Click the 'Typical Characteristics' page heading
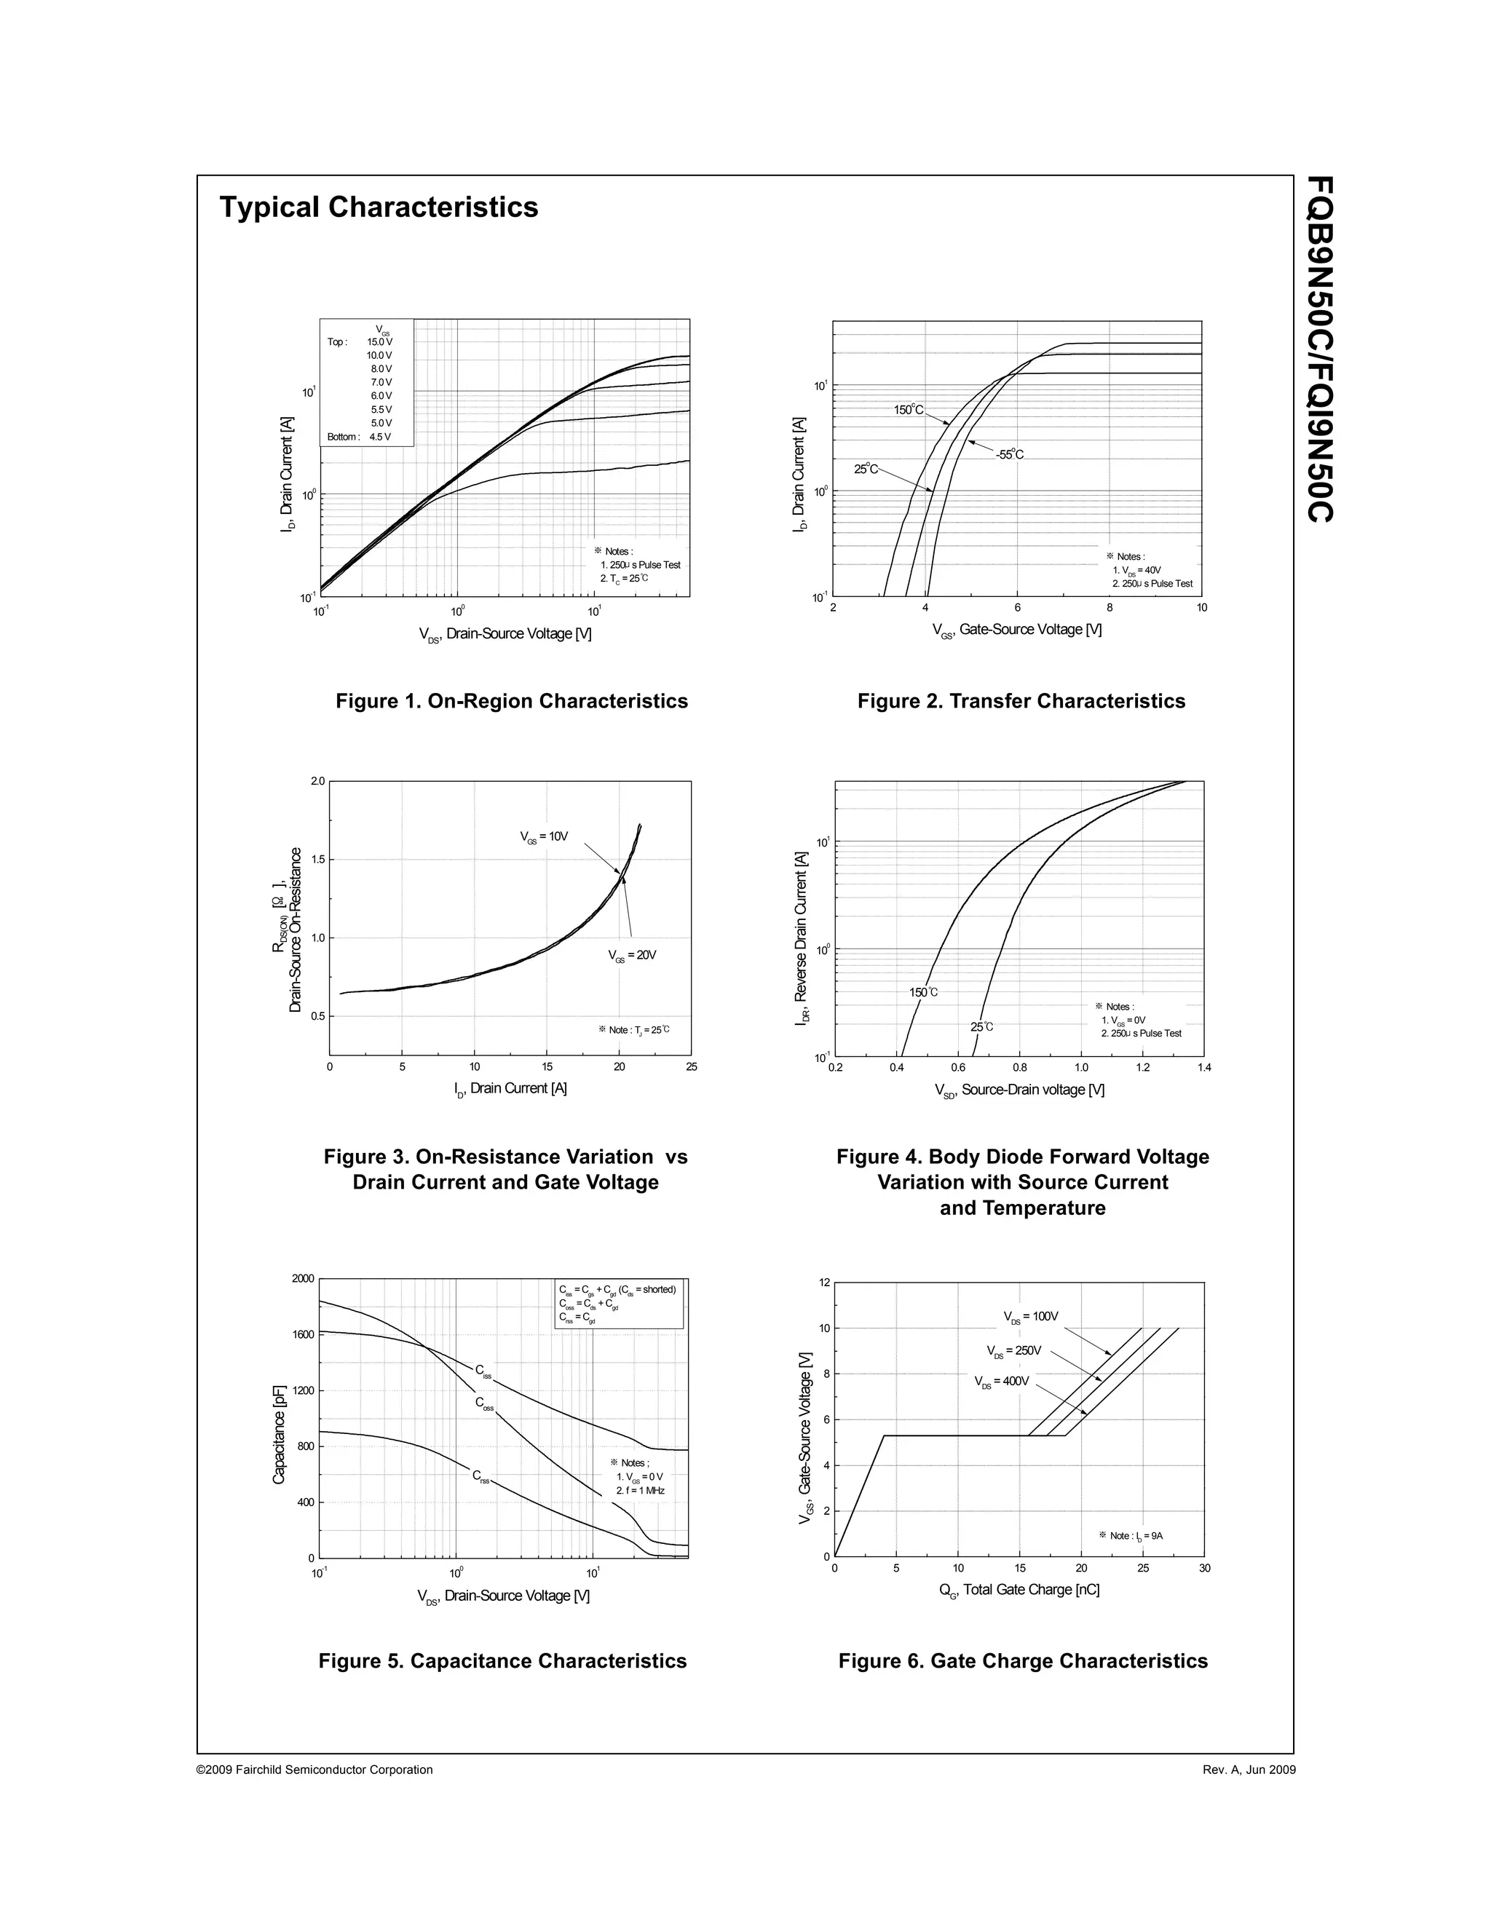pyautogui.click(x=378, y=207)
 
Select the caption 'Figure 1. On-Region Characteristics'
pyautogui.click(x=511, y=701)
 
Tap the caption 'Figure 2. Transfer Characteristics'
pyautogui.click(x=1021, y=701)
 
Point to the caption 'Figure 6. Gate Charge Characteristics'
pyautogui.click(x=1023, y=1661)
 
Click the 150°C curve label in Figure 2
pyautogui.click(x=908, y=410)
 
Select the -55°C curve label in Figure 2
pyautogui.click(x=1010, y=455)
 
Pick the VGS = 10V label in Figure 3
pyautogui.click(x=543, y=836)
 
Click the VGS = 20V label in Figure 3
pyautogui.click(x=631, y=955)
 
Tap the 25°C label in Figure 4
pyautogui.click(x=981, y=1027)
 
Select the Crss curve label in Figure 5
pyautogui.click(x=480, y=1476)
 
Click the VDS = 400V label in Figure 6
pyautogui.click(x=1002, y=1382)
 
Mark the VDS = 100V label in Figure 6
pyautogui.click(x=1030, y=1317)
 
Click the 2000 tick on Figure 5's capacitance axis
pyautogui.click(x=302, y=1279)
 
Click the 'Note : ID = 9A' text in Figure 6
pyautogui.click(x=1131, y=1536)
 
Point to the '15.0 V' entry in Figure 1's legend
pyautogui.click(x=380, y=342)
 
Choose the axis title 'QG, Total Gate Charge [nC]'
pyautogui.click(x=1019, y=1591)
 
